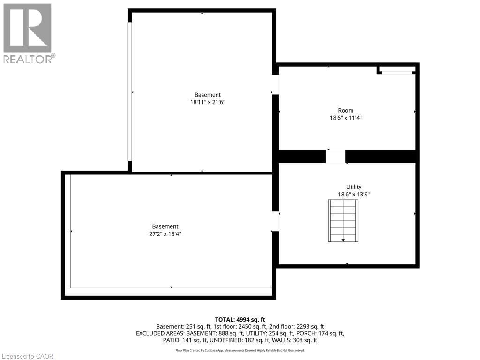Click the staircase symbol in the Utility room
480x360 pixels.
pos(343,220)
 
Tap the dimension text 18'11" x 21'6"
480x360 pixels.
pos(208,102)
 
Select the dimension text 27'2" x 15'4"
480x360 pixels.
pos(165,233)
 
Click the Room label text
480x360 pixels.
pos(346,111)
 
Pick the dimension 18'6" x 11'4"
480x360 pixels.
pos(346,118)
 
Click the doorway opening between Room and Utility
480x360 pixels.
pos(336,157)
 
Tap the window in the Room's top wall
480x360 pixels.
pos(396,72)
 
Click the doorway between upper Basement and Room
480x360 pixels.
pos(276,85)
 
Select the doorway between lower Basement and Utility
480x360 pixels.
pos(276,221)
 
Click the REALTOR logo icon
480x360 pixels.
pos(28,28)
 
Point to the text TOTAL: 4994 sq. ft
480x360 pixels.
pos(240,319)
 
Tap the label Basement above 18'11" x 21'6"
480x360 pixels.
pos(208,95)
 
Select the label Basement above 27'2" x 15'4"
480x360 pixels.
pos(165,226)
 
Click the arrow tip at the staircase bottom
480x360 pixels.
pos(343,240)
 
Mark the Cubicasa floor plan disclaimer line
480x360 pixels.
pos(240,350)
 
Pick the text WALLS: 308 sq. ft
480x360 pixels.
pos(299,340)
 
